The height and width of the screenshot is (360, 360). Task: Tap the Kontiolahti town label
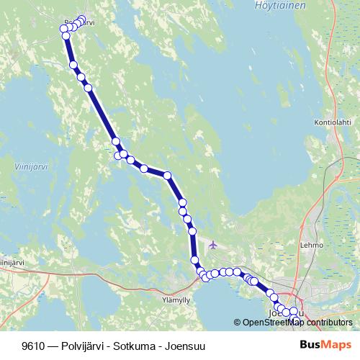[333, 123]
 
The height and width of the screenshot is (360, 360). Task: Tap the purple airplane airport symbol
[212, 245]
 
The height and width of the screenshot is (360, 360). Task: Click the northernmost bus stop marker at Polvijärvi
[81, 19]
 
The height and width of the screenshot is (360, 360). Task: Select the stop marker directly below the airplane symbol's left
[195, 260]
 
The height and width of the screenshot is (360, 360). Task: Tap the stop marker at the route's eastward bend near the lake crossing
[167, 175]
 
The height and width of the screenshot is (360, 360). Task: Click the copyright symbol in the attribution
[237, 323]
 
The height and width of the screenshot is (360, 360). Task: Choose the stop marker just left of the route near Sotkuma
[118, 155]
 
